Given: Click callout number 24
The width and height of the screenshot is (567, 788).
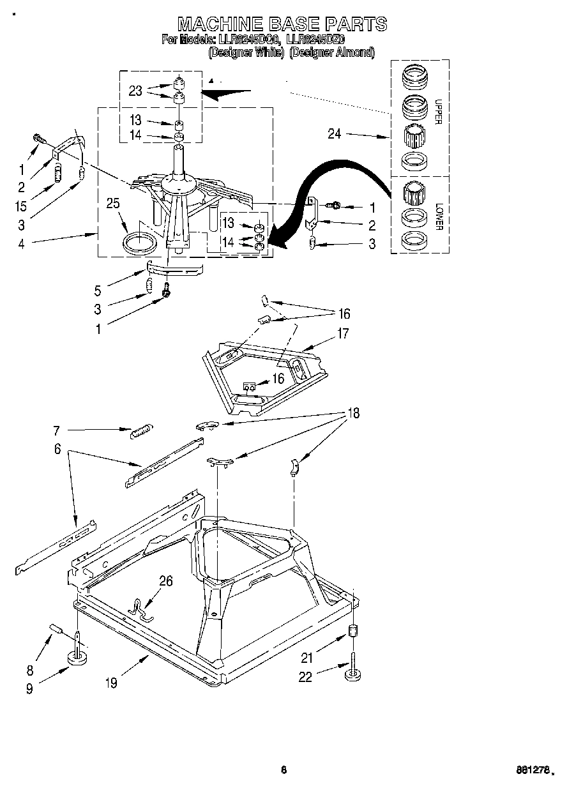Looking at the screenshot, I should click(x=335, y=134).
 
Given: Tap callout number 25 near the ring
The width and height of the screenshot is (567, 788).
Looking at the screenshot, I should click(x=113, y=204).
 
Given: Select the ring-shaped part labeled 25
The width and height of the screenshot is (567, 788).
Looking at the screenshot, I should click(x=139, y=244).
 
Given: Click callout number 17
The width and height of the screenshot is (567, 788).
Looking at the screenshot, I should click(x=344, y=333).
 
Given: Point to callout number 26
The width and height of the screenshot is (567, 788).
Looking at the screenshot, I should click(x=166, y=580).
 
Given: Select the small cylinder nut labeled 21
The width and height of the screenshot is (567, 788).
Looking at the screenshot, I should click(x=352, y=633).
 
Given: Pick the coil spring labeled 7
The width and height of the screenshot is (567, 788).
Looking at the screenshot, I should click(x=139, y=432).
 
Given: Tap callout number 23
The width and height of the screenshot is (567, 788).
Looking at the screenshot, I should click(x=135, y=91).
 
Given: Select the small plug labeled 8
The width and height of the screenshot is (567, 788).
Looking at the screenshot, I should click(x=55, y=630).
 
